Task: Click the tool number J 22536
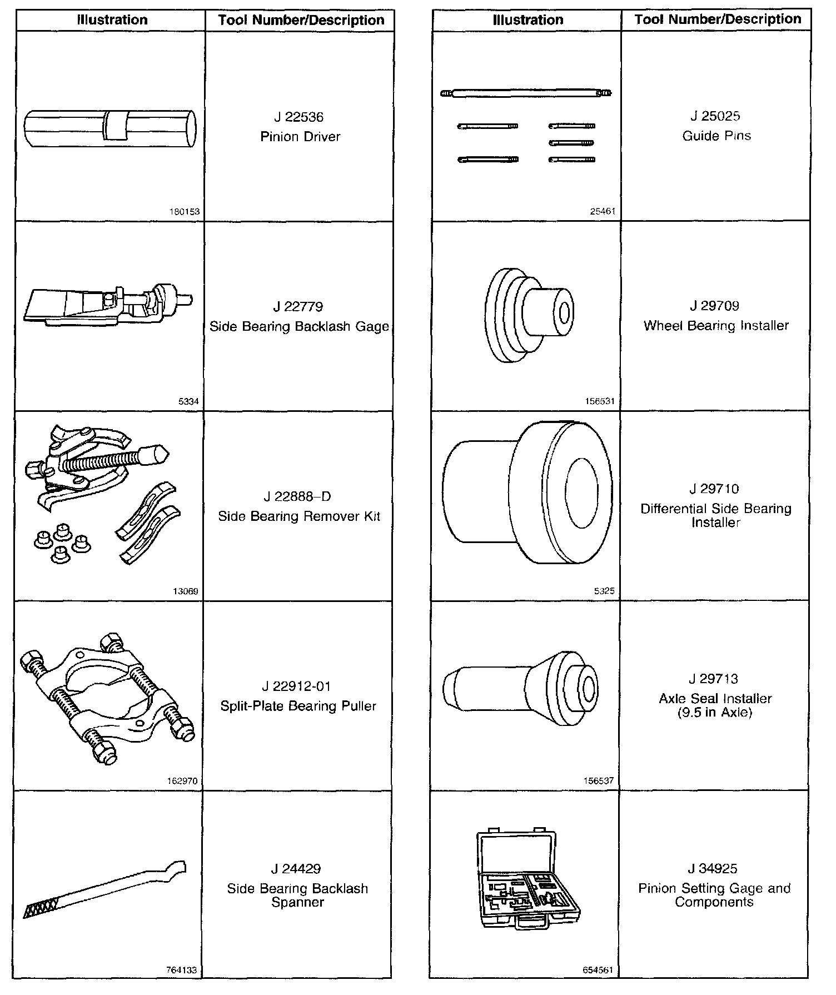click(x=298, y=117)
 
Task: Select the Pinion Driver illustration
click(x=110, y=128)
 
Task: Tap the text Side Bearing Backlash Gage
click(x=299, y=326)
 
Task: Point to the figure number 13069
click(x=186, y=591)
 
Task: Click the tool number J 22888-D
click(x=298, y=496)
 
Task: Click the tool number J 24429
click(x=296, y=869)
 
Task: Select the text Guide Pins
click(x=716, y=136)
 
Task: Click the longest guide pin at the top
click(x=526, y=93)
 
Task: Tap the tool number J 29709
click(x=715, y=306)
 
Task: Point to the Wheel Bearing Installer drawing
click(x=529, y=315)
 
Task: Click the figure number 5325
click(x=604, y=591)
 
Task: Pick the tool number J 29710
click(x=714, y=489)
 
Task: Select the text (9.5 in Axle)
click(x=714, y=713)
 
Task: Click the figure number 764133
click(x=182, y=971)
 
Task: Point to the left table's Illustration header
click(x=112, y=20)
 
